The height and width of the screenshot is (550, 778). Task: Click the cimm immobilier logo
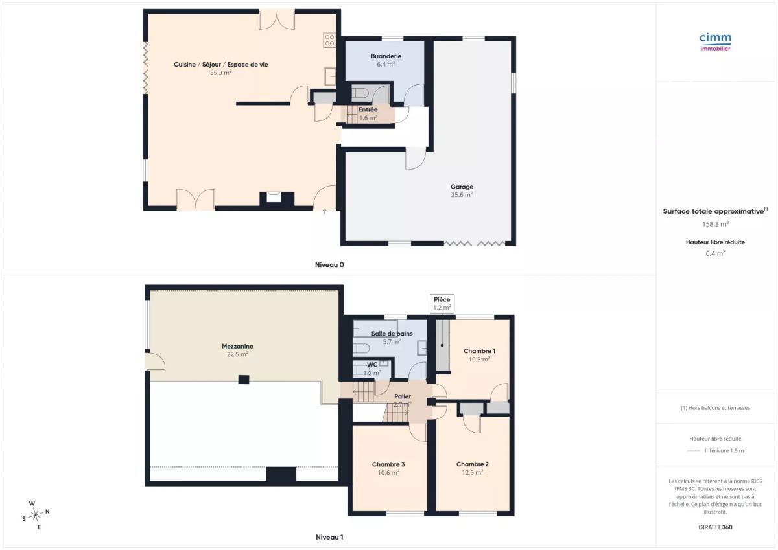point(715,42)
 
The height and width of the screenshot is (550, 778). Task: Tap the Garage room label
point(462,187)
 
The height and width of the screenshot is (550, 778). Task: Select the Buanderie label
point(386,56)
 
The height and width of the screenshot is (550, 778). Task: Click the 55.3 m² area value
point(220,73)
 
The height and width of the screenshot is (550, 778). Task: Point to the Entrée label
point(368,109)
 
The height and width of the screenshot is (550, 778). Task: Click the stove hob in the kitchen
point(329,40)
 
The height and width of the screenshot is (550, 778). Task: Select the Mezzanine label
point(237,346)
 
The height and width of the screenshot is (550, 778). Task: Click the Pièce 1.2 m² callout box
point(442,304)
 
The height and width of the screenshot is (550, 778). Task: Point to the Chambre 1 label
point(479,351)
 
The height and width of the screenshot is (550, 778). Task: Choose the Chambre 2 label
point(473,464)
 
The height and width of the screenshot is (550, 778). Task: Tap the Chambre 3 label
point(388,464)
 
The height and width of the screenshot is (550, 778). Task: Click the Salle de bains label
point(392,334)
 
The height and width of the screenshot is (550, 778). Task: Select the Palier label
point(403,396)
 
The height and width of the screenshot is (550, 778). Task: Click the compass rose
point(36,515)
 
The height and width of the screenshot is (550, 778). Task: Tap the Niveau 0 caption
point(329,265)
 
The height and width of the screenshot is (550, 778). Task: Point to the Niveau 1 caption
point(329,538)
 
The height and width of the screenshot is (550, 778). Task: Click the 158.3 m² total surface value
point(715,224)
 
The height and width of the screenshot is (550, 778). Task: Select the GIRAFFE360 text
point(715,527)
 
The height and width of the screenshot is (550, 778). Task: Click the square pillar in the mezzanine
point(244,380)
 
